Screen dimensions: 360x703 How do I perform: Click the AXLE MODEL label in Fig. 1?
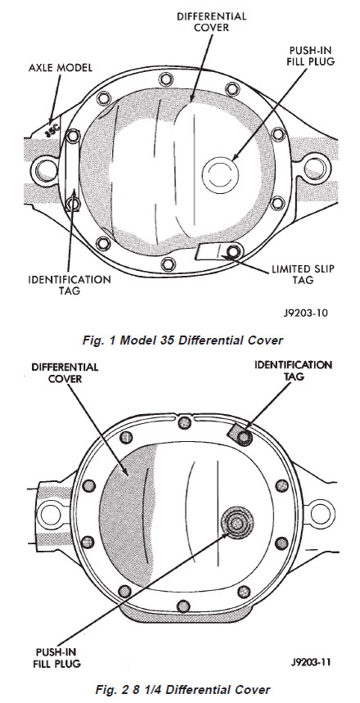pyautogui.click(x=60, y=67)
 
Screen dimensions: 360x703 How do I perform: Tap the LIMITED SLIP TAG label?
pyautogui.click(x=303, y=274)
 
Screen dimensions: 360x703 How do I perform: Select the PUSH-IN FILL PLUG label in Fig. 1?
pyautogui.click(x=311, y=55)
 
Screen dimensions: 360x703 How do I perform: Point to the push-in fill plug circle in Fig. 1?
pyautogui.click(x=218, y=175)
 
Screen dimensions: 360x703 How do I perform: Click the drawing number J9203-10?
pyautogui.click(x=305, y=312)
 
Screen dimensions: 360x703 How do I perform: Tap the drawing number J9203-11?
pyautogui.click(x=308, y=662)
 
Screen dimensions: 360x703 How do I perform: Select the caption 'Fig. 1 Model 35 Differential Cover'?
pyautogui.click(x=182, y=340)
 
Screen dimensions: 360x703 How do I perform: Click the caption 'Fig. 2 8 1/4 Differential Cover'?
pyautogui.click(x=183, y=690)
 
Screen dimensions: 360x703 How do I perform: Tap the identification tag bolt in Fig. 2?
pyautogui.click(x=243, y=436)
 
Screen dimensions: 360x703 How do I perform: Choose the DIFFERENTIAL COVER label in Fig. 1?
pyautogui.click(x=211, y=21)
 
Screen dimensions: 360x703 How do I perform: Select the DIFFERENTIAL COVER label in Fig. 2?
pyautogui.click(x=64, y=372)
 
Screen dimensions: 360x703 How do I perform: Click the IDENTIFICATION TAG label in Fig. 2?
pyautogui.click(x=293, y=370)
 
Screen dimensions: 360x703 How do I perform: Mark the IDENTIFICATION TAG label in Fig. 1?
pyautogui.click(x=69, y=285)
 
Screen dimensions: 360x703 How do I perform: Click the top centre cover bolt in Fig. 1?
pyautogui.click(x=165, y=80)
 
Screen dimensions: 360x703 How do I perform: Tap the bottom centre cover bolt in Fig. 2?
pyautogui.click(x=182, y=606)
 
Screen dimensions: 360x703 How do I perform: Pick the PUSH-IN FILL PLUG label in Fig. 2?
pyautogui.click(x=57, y=657)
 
